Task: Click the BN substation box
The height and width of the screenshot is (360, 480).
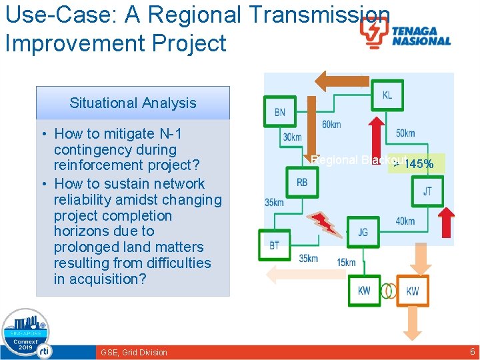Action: pyautogui.click(x=279, y=112)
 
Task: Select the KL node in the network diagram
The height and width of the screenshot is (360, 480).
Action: pyautogui.click(x=387, y=95)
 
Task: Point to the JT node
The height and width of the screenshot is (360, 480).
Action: pyautogui.click(x=427, y=191)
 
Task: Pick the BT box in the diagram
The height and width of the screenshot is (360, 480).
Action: pyautogui.click(x=275, y=245)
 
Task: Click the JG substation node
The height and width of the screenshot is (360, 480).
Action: pyautogui.click(x=363, y=232)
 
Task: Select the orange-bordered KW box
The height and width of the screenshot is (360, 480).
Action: pyautogui.click(x=413, y=291)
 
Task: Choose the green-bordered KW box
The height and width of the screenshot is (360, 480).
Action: pyautogui.click(x=364, y=291)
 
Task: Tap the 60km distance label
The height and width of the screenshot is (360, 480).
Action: pyautogui.click(x=331, y=125)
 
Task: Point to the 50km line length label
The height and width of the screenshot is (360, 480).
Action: pyautogui.click(x=405, y=133)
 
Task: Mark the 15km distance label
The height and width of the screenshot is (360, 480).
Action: pyautogui.click(x=346, y=263)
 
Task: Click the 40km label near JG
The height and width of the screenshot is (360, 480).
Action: pyautogui.click(x=405, y=221)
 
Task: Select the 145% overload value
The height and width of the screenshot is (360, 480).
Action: pyautogui.click(x=419, y=164)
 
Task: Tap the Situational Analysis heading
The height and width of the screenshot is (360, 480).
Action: pyautogui.click(x=133, y=103)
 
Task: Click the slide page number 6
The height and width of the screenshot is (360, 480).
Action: pyautogui.click(x=473, y=351)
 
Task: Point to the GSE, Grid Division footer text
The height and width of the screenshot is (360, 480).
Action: pyautogui.click(x=134, y=352)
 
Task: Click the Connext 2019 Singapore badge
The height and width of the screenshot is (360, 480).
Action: pyautogui.click(x=26, y=334)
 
